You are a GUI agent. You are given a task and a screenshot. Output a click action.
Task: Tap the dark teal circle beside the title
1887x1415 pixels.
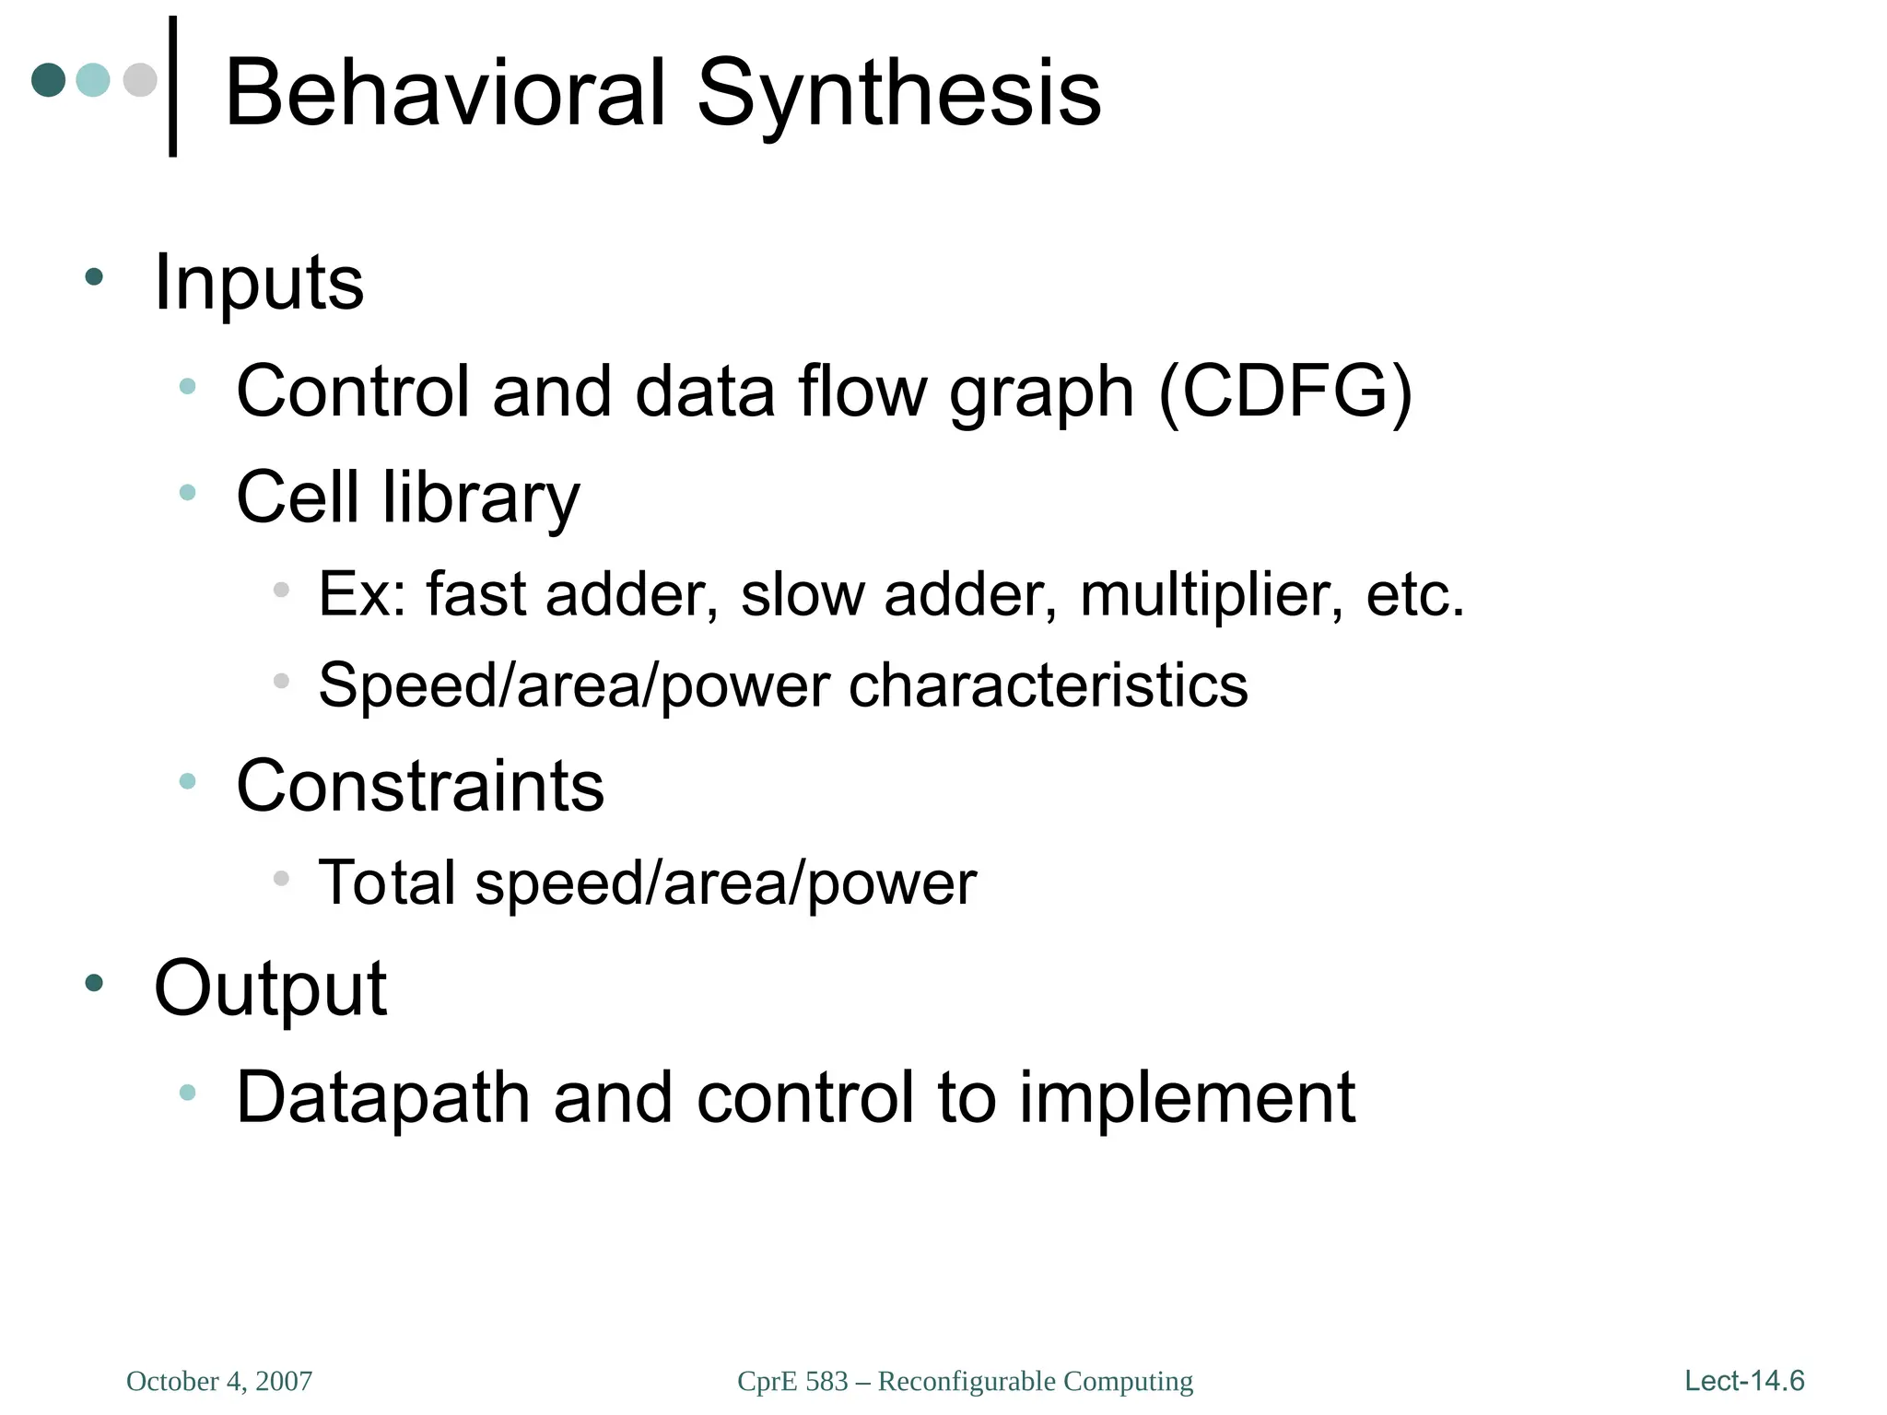click(48, 80)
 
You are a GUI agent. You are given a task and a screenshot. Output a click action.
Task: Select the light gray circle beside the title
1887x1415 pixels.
click(140, 80)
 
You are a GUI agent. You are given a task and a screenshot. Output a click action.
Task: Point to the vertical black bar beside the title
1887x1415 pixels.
click(172, 87)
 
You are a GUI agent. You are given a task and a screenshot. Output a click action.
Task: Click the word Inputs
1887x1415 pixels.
click(259, 282)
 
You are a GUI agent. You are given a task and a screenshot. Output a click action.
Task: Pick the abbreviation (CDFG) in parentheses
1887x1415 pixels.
click(1285, 392)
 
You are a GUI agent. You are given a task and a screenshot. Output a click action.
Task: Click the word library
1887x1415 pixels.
click(481, 497)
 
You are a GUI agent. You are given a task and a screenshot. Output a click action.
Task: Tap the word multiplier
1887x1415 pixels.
click(1211, 594)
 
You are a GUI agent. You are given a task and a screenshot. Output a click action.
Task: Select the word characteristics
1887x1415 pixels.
click(1048, 685)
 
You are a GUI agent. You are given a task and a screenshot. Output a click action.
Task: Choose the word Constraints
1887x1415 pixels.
click(420, 786)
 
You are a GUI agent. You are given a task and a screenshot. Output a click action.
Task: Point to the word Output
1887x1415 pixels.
click(270, 988)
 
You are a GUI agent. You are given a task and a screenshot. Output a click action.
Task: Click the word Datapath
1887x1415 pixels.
click(383, 1097)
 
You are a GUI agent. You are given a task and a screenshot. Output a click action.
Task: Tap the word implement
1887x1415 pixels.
click(1187, 1097)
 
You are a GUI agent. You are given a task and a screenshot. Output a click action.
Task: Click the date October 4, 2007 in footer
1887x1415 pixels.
click(219, 1381)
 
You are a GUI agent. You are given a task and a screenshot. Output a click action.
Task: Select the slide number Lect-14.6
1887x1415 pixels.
click(1744, 1380)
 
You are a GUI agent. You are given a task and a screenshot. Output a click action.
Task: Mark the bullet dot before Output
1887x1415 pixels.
click(94, 983)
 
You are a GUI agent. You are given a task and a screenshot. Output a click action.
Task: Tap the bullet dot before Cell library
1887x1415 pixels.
click(188, 493)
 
